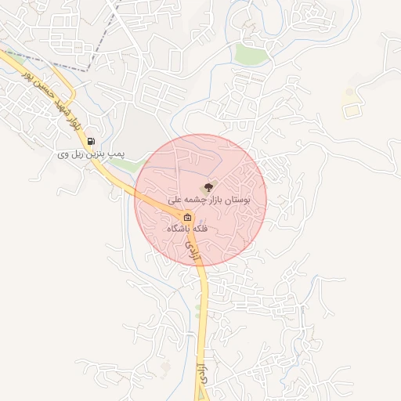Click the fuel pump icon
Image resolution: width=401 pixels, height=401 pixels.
coord(92,143)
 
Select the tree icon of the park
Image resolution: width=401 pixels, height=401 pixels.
coord(208,187)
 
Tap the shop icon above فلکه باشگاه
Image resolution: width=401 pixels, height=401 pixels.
coord(188,217)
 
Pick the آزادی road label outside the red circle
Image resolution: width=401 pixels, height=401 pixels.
coord(203,374)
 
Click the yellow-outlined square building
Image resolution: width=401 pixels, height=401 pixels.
coord(350,110)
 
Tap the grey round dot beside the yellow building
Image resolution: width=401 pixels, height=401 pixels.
coord(349,92)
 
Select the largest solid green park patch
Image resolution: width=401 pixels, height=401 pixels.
coord(251,53)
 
